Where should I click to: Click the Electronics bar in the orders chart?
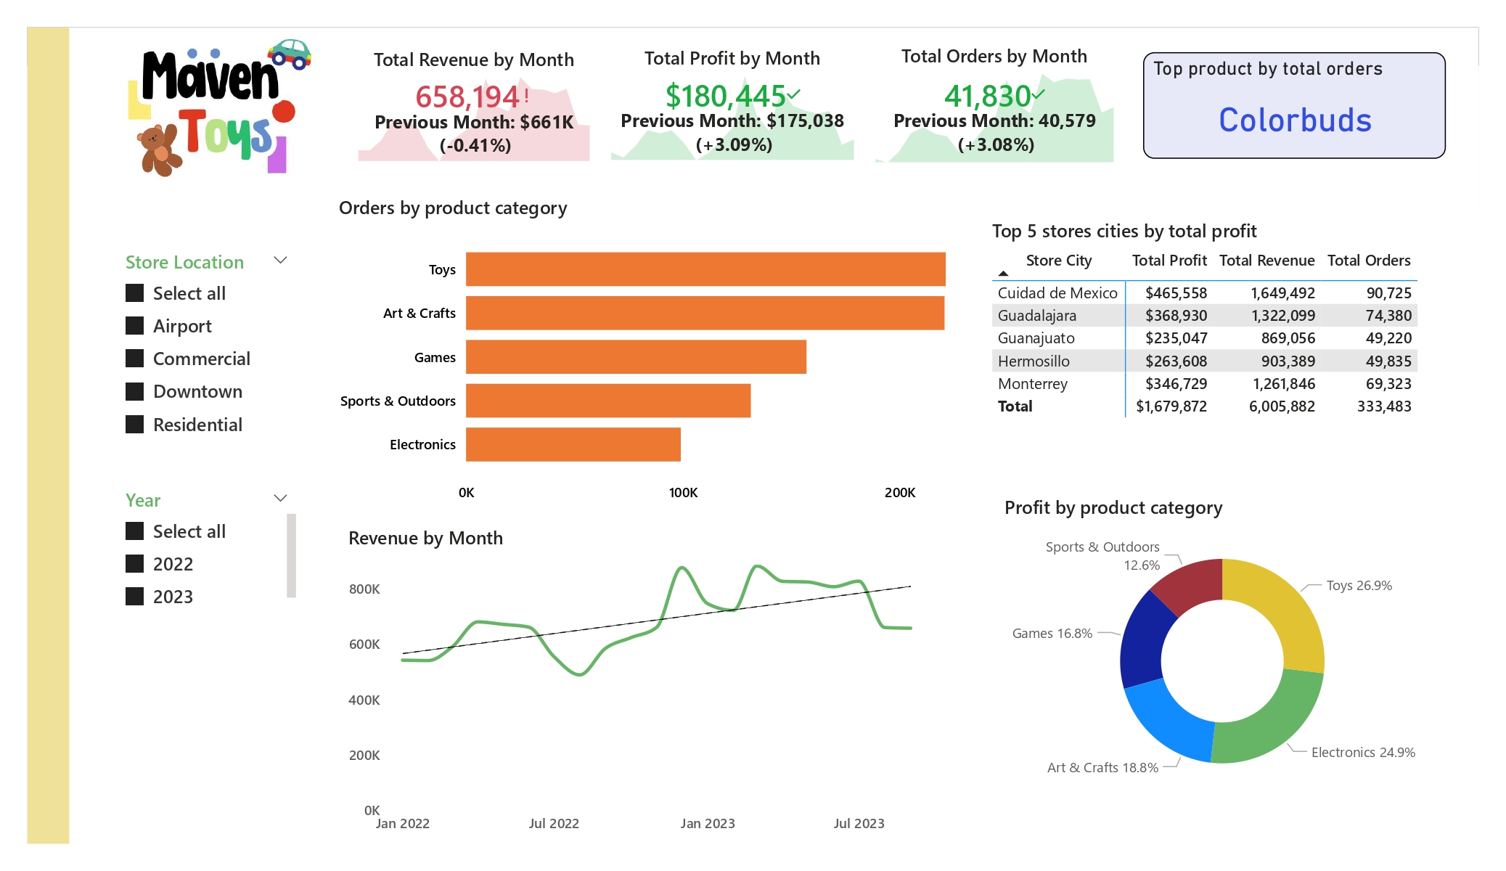pos(573,444)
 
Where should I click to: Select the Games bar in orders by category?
pos(636,357)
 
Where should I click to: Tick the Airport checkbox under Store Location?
pos(135,326)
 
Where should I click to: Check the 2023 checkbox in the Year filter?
pos(135,597)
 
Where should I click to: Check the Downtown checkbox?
pos(135,392)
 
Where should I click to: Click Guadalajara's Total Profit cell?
pos(1176,316)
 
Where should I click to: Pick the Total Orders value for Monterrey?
pos(1388,384)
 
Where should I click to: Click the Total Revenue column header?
pos(1266,261)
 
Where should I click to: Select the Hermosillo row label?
pos(1034,361)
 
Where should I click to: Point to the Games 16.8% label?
pos(1052,634)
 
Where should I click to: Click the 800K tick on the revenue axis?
pos(364,589)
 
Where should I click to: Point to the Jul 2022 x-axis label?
pos(554,824)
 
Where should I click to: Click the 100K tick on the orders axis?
pos(683,493)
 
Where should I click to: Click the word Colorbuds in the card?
pos(1295,120)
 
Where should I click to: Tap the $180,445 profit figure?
pos(725,97)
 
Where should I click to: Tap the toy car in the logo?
pos(290,53)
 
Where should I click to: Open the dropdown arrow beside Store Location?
pos(280,260)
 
